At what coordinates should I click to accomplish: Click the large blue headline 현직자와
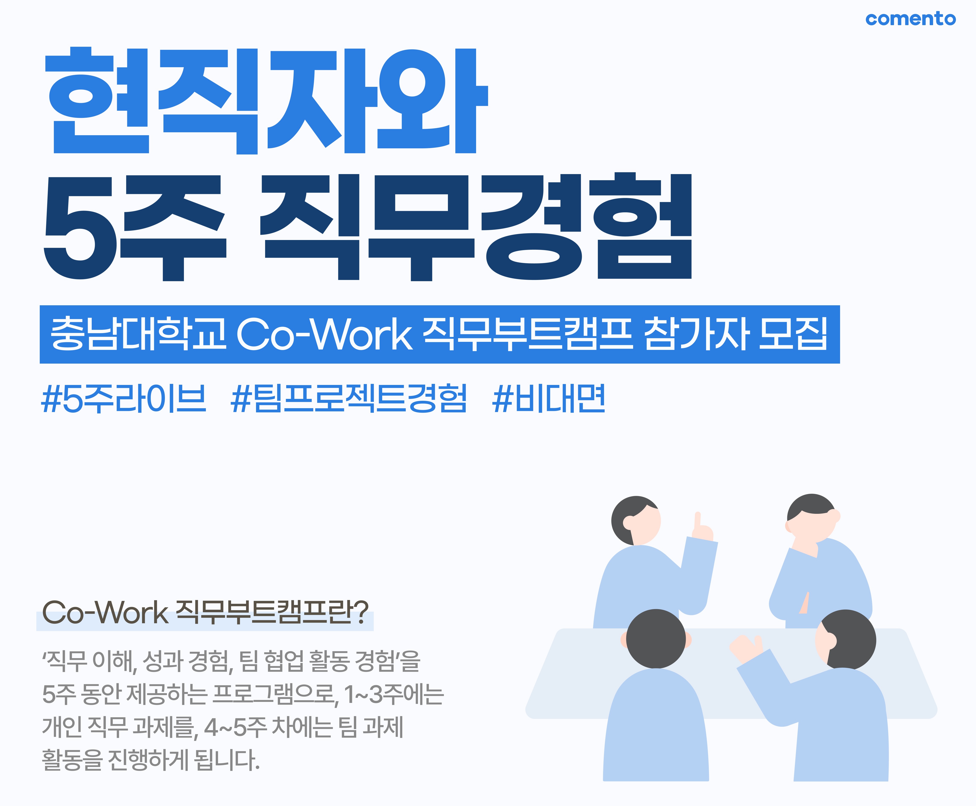266,101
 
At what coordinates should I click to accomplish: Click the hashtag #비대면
548,398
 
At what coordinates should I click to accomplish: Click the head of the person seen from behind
656,639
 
